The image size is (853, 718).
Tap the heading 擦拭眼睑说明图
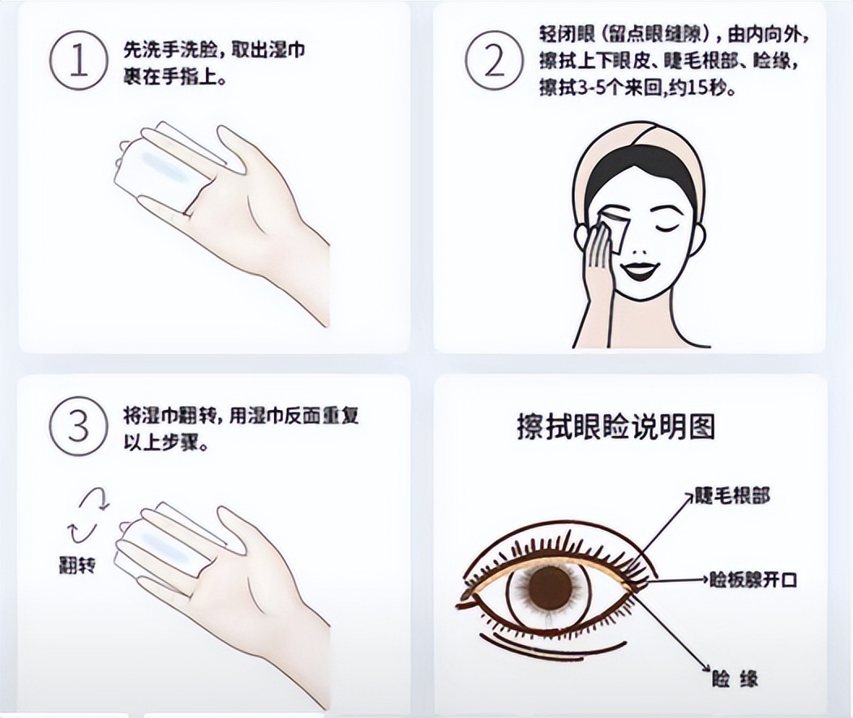(x=616, y=427)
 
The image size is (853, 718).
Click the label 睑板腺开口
(x=753, y=580)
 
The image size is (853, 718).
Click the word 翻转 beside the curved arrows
(x=77, y=566)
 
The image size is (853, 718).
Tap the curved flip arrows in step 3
(x=88, y=515)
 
